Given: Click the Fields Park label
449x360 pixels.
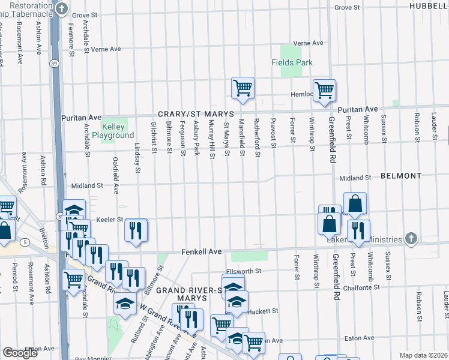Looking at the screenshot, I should (292, 62).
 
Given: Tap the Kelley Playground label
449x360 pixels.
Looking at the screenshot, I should (109, 131).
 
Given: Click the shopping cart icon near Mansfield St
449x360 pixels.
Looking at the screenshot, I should (243, 88).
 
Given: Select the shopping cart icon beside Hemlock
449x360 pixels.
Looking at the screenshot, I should (324, 90).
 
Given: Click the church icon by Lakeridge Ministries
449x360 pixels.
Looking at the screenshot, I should (411, 238).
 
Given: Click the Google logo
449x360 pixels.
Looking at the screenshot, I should (20, 353).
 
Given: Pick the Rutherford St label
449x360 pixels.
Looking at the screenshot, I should (257, 137).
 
